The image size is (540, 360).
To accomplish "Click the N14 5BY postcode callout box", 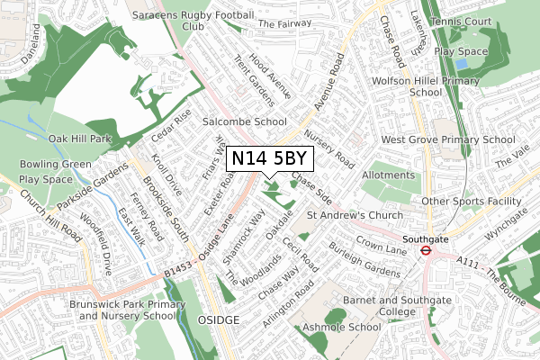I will click(x=270, y=158).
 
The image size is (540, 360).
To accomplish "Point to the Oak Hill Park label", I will click(x=79, y=139).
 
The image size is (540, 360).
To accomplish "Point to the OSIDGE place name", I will click(x=219, y=320).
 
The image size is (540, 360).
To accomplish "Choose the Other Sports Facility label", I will click(x=472, y=202).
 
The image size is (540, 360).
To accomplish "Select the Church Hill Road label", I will click(x=50, y=220).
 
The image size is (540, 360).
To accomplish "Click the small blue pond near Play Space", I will click(x=462, y=64).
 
